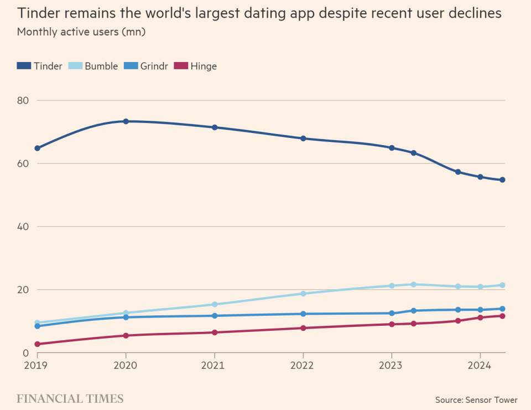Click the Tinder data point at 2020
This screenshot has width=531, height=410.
pos(126,121)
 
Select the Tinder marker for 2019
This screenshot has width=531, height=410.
pos(38,148)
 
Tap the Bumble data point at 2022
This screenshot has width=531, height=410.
pos(303,294)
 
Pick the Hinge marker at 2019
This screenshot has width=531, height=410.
pos(38,344)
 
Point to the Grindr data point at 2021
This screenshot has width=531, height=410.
pos(215,316)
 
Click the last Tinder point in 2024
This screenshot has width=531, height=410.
pos(502,180)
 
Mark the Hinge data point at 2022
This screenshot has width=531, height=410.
pos(303,328)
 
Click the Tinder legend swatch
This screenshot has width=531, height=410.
pos(24,66)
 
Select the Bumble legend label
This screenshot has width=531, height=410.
pos(101,66)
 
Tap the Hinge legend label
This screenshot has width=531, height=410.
pos(204,66)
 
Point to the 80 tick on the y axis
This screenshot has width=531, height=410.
pos(23,100)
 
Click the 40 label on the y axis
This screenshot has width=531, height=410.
pos(23,227)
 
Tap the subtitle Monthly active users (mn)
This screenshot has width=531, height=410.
pos(81,32)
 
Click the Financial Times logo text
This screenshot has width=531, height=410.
pos(70,399)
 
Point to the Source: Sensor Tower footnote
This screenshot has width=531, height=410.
pos(476,400)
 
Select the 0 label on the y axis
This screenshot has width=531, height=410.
pos(26,353)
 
